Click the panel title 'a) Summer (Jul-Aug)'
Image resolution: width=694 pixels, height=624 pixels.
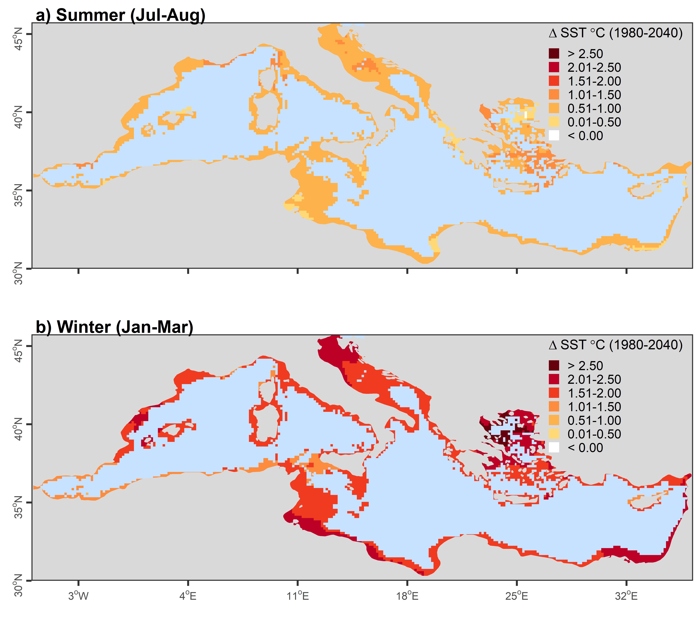pos(120,15)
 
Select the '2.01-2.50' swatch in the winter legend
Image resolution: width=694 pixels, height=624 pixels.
pos(554,379)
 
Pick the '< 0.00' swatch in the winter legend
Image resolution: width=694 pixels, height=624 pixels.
pos(554,447)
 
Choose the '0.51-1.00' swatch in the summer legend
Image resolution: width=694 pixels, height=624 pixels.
pos(554,108)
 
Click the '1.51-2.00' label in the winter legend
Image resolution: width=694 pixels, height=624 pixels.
pos(594,393)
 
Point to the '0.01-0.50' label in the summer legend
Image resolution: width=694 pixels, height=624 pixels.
pos(594,122)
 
